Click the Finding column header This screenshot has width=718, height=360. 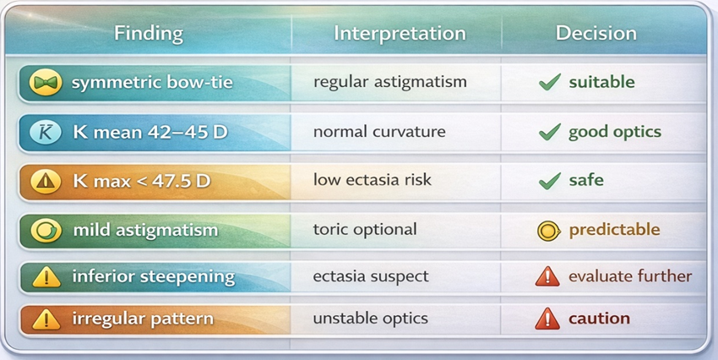(149, 34)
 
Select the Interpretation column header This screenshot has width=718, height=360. (400, 34)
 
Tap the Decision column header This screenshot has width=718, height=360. (596, 34)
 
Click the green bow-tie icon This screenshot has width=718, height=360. (46, 83)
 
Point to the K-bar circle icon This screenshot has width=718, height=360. (46, 133)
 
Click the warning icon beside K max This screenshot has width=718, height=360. (46, 182)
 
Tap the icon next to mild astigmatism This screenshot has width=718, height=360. (46, 230)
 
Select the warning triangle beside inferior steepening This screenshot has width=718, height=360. (46, 277)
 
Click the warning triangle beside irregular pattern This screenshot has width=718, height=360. (46, 319)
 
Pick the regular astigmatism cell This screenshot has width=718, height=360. (390, 83)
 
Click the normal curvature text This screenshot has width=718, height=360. (379, 132)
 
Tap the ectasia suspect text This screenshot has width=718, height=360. (371, 276)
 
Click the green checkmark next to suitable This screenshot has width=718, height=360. (550, 83)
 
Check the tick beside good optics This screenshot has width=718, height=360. (550, 133)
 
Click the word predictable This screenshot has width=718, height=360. (614, 230)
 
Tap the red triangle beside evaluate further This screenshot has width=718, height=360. (547, 276)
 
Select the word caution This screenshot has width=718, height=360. (599, 319)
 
